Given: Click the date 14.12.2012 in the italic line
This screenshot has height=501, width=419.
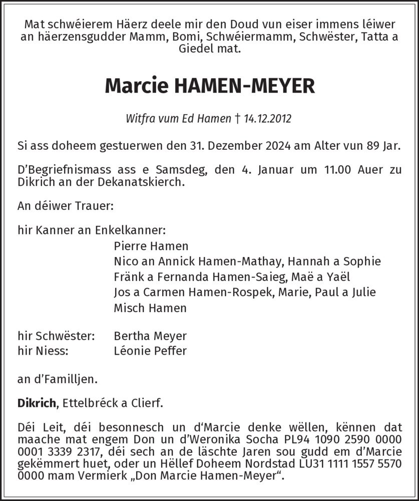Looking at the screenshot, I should pos(268,119).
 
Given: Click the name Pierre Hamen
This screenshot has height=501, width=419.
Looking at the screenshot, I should pos(151,246).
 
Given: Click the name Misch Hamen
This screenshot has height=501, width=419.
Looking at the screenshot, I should pos(150,308).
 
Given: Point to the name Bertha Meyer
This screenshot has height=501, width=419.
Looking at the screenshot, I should pos(150,335).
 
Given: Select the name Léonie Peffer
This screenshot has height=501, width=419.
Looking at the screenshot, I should pos(150,351).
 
